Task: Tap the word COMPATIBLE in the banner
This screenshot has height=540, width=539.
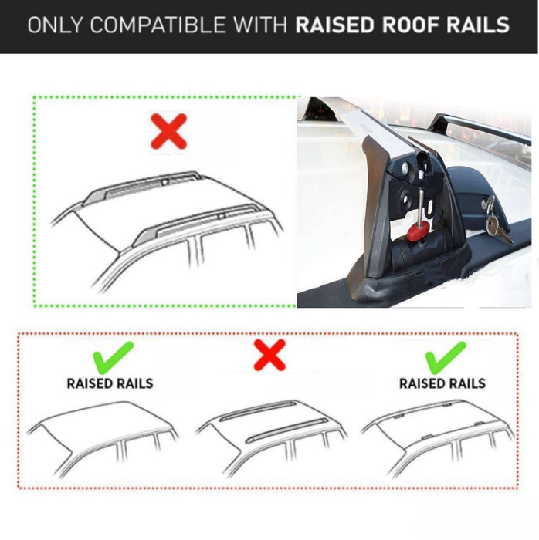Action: coord(164,25)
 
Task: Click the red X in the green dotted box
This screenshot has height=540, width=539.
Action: coord(168,130)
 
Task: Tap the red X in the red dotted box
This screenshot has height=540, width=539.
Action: coord(269,355)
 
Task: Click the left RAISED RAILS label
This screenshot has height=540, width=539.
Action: coord(110,383)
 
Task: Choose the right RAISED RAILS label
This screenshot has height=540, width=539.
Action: coord(442,383)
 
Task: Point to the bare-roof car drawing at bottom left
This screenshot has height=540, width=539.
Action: coord(103,440)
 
